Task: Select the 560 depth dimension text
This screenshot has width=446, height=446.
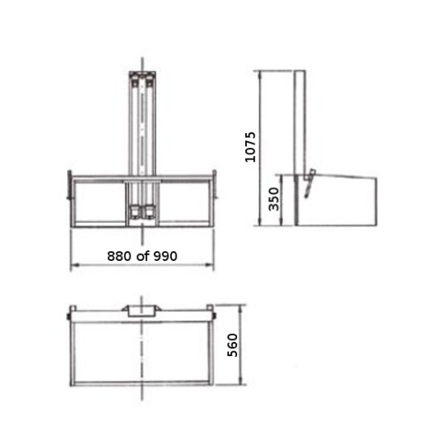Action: tap(232, 346)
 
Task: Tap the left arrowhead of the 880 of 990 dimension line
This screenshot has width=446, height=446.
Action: tap(73, 265)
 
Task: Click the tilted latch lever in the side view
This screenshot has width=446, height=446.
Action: tap(309, 183)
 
